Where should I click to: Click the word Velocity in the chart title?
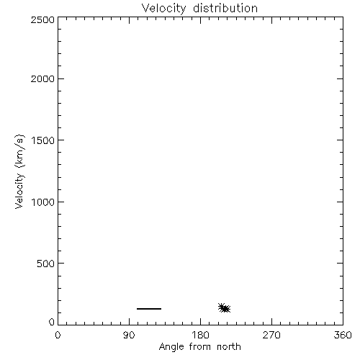tap(164, 9)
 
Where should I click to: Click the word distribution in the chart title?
tap(225, 8)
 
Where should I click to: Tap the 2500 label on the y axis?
tap(42, 19)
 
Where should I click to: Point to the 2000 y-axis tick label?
tap(42, 78)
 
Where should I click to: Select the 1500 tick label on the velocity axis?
tap(43, 140)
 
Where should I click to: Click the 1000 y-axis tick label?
tap(43, 202)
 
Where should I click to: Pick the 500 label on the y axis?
tap(46, 264)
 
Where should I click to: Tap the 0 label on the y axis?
tap(52, 322)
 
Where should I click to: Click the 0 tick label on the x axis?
tap(58, 335)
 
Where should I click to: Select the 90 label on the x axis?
tap(129, 335)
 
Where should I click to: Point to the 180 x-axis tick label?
tap(200, 335)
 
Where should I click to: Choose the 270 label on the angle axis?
tap(271, 335)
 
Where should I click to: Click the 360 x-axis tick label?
tap(343, 335)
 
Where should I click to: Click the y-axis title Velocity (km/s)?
tap(19, 172)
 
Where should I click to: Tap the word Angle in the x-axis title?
tap(171, 347)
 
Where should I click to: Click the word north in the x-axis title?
tap(229, 346)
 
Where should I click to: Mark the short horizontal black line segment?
tap(149, 309)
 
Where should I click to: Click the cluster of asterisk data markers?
tap(224, 308)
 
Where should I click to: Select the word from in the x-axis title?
tap(201, 346)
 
